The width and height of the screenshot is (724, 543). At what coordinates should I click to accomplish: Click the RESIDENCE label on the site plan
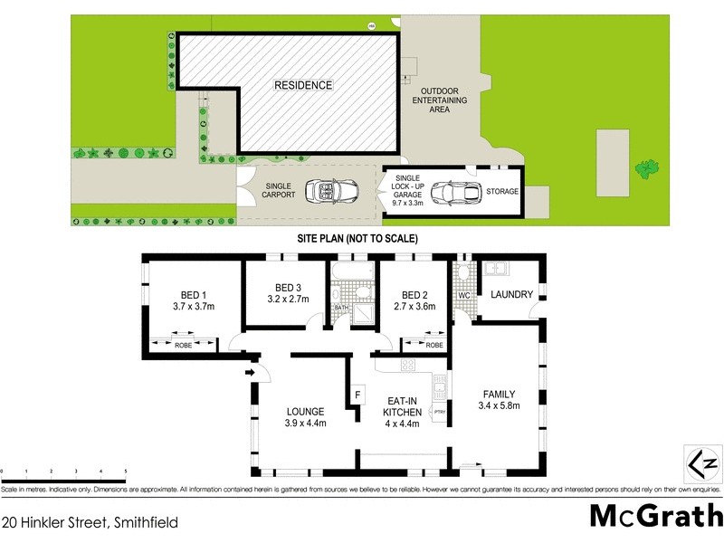pyautogui.click(x=303, y=85)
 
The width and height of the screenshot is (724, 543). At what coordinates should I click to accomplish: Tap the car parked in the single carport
pyautogui.click(x=331, y=192)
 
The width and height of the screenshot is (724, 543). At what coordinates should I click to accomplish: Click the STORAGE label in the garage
pyautogui.click(x=502, y=192)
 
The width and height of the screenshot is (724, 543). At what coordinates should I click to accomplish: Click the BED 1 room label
pyautogui.click(x=194, y=295)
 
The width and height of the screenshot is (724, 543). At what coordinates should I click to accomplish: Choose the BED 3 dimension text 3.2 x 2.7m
pyautogui.click(x=288, y=299)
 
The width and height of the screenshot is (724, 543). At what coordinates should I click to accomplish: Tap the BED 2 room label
pyautogui.click(x=414, y=295)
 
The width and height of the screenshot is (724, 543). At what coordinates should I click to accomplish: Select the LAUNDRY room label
pyautogui.click(x=512, y=295)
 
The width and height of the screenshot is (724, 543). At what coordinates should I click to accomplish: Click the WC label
pyautogui.click(x=463, y=296)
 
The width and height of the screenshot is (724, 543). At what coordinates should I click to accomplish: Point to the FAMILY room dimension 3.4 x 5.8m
pyautogui.click(x=499, y=405)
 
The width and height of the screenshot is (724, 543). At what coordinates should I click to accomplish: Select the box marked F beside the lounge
pyautogui.click(x=357, y=395)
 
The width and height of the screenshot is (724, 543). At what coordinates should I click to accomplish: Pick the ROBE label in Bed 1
pyautogui.click(x=185, y=345)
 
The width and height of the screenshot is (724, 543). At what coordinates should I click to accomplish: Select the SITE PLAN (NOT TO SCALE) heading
pyautogui.click(x=357, y=238)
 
